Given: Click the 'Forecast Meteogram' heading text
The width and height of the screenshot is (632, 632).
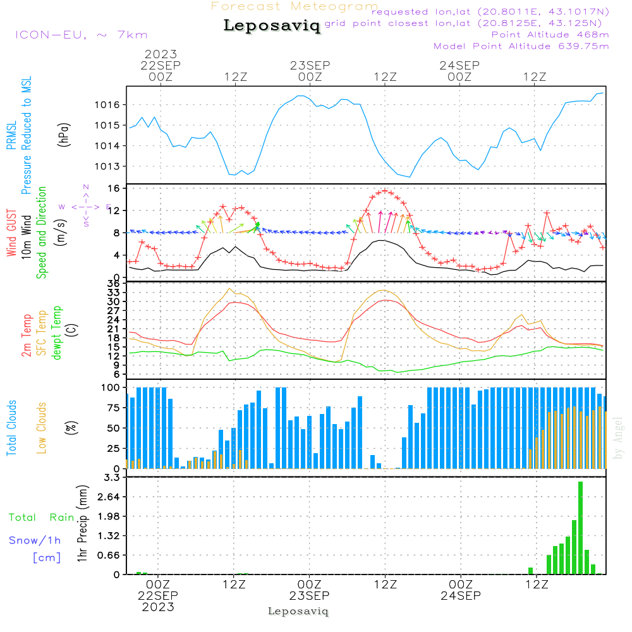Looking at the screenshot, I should pyautogui.click(x=295, y=6).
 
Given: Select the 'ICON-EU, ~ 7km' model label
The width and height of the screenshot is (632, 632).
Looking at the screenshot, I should pyautogui.click(x=81, y=35).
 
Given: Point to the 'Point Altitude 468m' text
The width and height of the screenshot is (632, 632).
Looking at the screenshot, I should pyautogui.click(x=550, y=35).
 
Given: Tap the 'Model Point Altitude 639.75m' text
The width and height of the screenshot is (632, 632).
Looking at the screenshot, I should pyautogui.click(x=521, y=46).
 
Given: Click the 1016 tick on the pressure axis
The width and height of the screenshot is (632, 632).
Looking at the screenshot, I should pyautogui.click(x=114, y=105).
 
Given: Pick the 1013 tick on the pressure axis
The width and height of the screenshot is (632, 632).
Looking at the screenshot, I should pyautogui.click(x=114, y=167).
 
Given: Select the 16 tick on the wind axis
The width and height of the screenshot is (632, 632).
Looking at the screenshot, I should pyautogui.click(x=114, y=188).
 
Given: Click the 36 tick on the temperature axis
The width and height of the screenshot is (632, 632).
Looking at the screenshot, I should pyautogui.click(x=114, y=284).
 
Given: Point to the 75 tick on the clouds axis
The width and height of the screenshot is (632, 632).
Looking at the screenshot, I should pyautogui.click(x=114, y=408).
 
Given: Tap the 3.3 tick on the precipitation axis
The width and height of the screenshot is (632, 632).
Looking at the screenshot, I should pyautogui.click(x=112, y=478).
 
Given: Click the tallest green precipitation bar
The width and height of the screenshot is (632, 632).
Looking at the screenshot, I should pyautogui.click(x=580, y=528).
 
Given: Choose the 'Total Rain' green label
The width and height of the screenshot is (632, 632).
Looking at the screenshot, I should pyautogui.click(x=41, y=518).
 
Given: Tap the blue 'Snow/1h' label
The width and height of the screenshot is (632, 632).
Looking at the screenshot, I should pyautogui.click(x=35, y=540).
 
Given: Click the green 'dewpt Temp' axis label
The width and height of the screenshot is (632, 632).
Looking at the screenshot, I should pyautogui.click(x=58, y=333).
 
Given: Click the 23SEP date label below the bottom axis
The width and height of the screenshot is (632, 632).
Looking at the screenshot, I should pyautogui.click(x=310, y=596).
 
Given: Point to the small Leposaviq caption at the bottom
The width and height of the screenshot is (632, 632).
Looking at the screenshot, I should pyautogui.click(x=298, y=611).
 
